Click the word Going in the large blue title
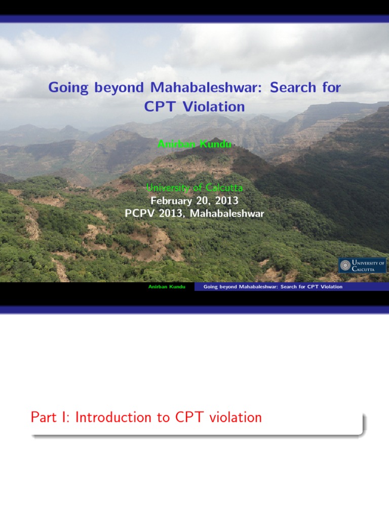click(68, 88)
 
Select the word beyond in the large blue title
click(119, 88)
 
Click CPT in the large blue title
click(160, 107)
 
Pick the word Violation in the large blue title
click(214, 107)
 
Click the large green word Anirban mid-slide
click(176, 144)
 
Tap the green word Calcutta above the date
click(224, 188)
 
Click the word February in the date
click(171, 200)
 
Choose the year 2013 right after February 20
click(226, 200)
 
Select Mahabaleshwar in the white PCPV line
click(227, 213)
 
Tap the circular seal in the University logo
click(345, 265)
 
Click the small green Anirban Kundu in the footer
click(167, 287)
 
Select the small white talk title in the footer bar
click(273, 287)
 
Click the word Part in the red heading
click(44, 417)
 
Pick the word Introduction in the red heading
click(113, 417)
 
